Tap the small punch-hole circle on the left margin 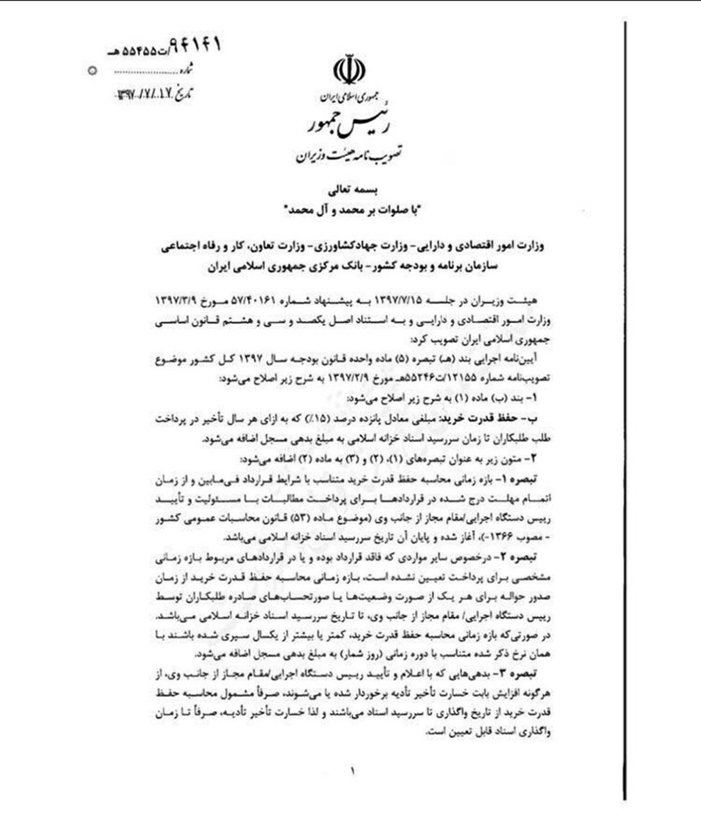(94, 67)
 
